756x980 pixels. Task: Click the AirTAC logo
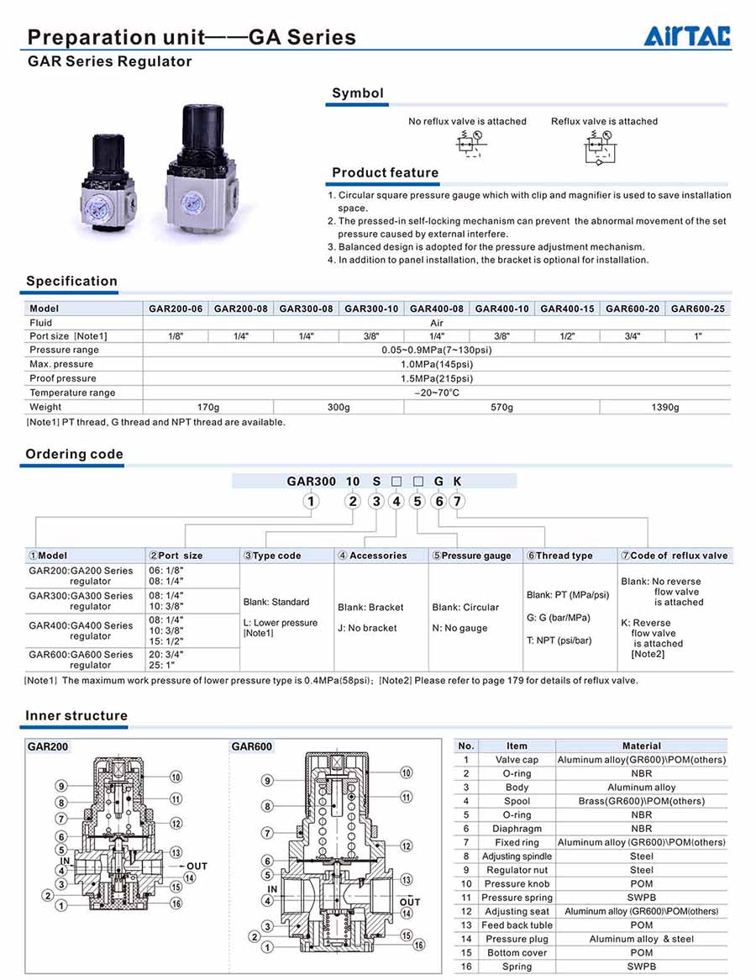tap(687, 36)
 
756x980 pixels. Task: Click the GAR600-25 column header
tap(697, 309)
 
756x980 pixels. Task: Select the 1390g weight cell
tap(665, 408)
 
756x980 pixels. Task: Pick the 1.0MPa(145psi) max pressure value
tap(437, 365)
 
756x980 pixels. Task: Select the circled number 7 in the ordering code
tap(457, 502)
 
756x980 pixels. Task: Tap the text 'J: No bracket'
tap(366, 628)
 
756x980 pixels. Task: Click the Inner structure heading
tap(76, 716)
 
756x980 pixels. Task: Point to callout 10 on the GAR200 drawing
tap(176, 777)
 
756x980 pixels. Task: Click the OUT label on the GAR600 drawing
tap(410, 902)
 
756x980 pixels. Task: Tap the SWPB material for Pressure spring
tap(641, 898)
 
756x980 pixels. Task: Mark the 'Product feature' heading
tap(385, 173)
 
